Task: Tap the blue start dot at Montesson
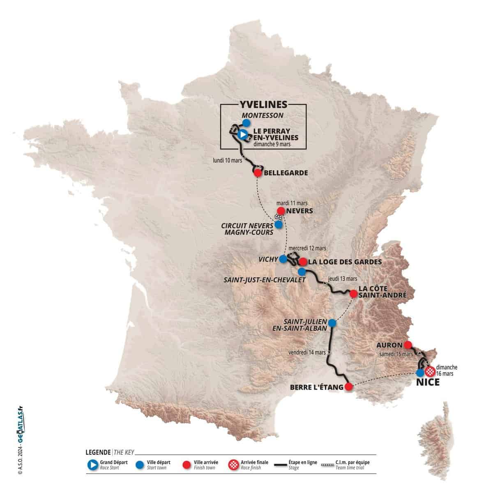point(246,122)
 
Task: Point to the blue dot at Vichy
point(283,259)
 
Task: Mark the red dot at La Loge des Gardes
point(303,261)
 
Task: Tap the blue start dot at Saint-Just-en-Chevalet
point(302,272)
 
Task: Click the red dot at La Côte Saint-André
point(353,294)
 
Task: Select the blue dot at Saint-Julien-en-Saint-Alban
point(332,323)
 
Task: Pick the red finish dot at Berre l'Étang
point(348,387)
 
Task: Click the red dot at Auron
point(408,345)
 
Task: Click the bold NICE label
point(427,382)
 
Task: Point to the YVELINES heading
point(263,105)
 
